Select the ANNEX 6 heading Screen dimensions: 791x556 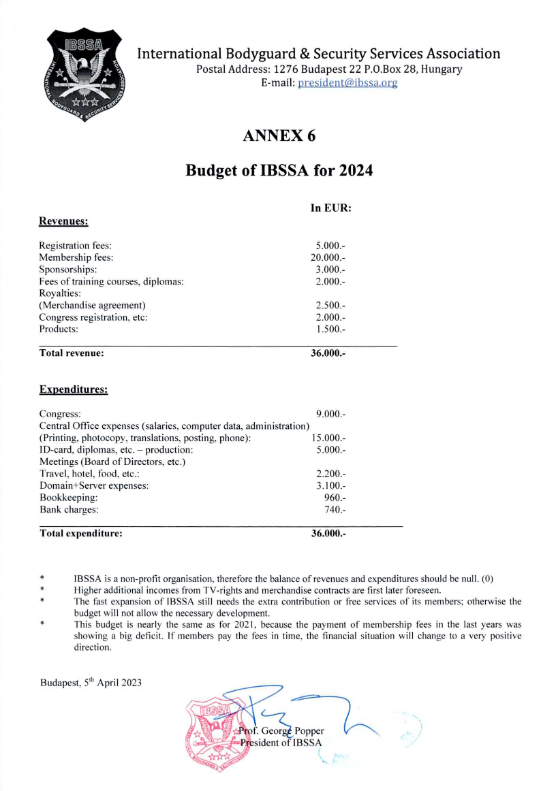[x=279, y=136]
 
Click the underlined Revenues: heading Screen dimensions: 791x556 [x=65, y=221]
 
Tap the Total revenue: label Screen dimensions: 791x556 [x=72, y=353]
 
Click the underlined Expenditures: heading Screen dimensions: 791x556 [x=74, y=389]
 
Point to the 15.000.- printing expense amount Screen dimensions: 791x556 [x=328, y=438]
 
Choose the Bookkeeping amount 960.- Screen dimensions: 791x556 [x=335, y=498]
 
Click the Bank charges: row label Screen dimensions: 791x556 [x=69, y=509]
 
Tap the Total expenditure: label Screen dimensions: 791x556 [x=81, y=534]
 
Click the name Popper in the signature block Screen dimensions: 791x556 [x=308, y=730]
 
